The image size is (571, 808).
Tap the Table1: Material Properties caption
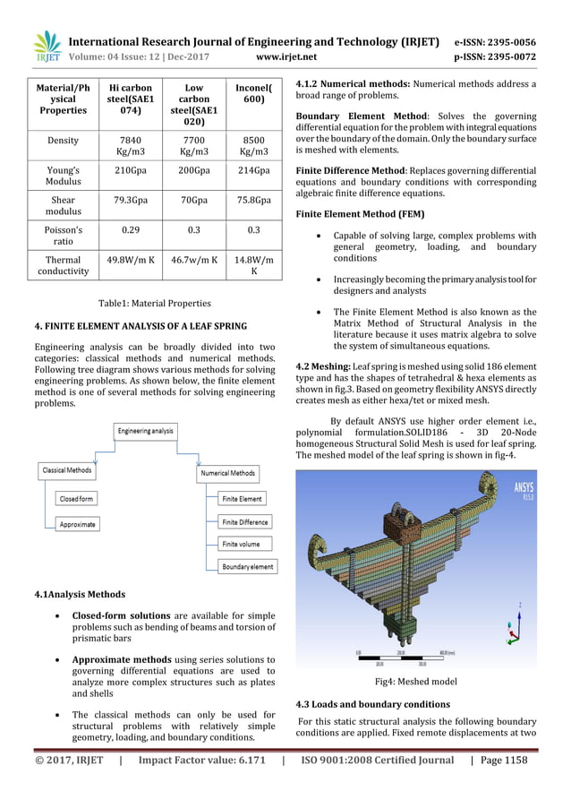[x=154, y=303]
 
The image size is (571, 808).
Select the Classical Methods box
[x=67, y=469]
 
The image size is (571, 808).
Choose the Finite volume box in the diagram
[x=242, y=544]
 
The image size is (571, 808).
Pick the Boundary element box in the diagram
[x=248, y=566]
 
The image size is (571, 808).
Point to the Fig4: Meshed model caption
[x=416, y=681]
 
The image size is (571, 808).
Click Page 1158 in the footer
[x=503, y=761]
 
